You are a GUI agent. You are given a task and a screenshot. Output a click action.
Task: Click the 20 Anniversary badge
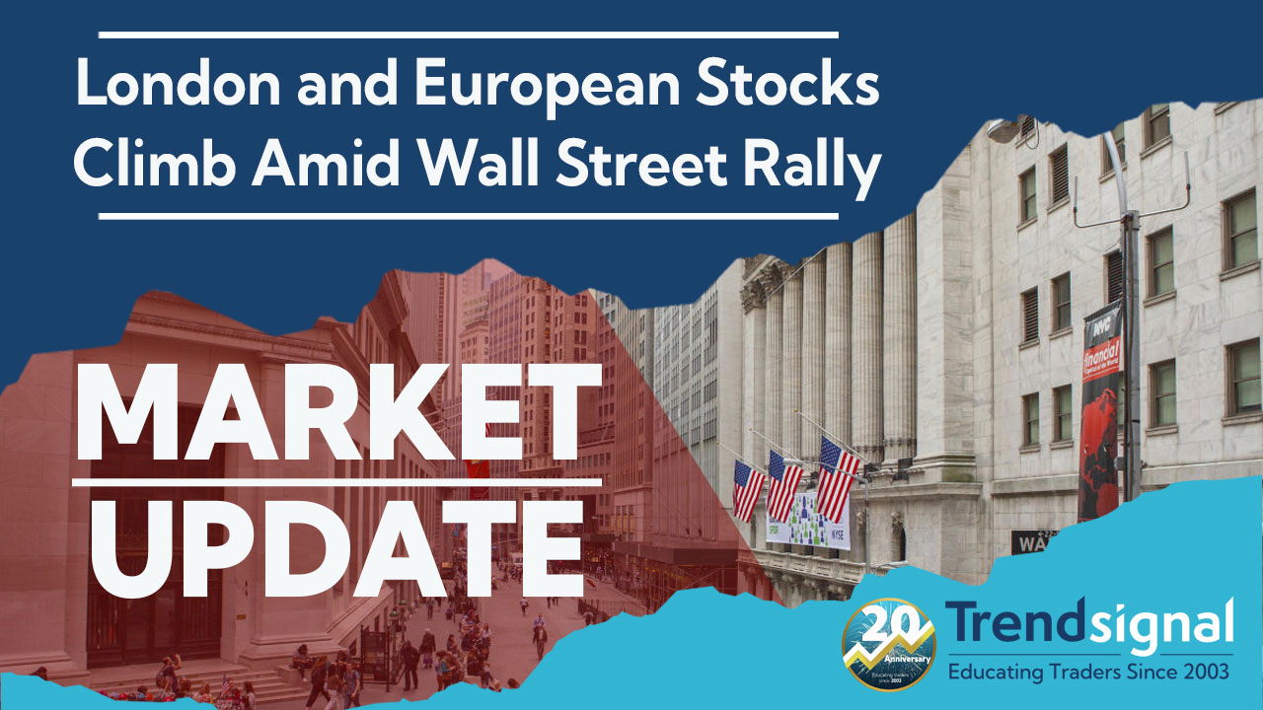[x=889, y=644]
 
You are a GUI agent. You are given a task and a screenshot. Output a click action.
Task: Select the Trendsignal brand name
[x=1089, y=624]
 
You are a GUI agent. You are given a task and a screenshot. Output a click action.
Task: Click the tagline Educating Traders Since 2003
[x=1089, y=673]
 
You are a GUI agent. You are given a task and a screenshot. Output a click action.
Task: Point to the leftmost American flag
[x=748, y=489]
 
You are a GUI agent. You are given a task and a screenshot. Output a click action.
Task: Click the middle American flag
[x=784, y=484]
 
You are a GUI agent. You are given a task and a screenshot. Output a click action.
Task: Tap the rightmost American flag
[x=838, y=477]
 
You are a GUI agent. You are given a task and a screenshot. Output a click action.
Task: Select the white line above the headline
[x=469, y=35]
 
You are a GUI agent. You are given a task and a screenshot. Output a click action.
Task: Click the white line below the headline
[x=469, y=215]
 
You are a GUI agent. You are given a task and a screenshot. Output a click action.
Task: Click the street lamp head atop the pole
[x=1005, y=125]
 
